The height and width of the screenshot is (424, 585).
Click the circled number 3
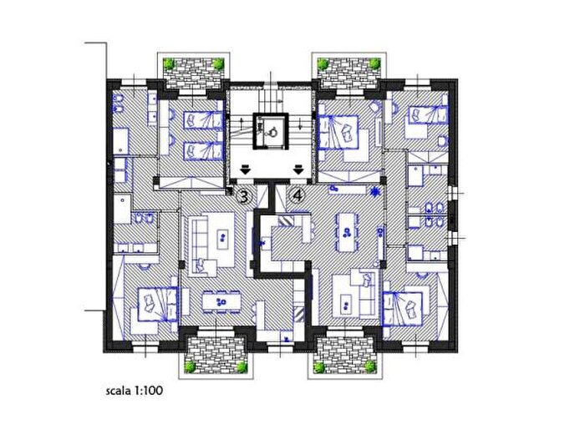(x=244, y=196)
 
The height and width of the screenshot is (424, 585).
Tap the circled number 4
(x=298, y=195)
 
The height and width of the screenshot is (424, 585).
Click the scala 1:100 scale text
(x=135, y=391)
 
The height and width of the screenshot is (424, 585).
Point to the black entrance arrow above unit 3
(x=245, y=169)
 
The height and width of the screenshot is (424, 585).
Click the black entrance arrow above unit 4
(x=298, y=169)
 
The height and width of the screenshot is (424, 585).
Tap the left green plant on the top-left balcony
(x=170, y=64)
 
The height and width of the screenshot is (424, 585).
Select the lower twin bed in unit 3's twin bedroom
(x=202, y=151)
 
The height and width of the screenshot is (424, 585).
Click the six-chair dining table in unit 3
(x=221, y=301)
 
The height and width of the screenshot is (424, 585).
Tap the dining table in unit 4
(x=346, y=232)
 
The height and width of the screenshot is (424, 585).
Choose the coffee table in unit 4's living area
(x=347, y=302)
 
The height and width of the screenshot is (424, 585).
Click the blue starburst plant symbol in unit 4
(x=374, y=192)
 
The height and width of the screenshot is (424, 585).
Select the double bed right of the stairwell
(x=338, y=132)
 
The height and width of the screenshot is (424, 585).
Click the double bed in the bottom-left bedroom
(x=157, y=304)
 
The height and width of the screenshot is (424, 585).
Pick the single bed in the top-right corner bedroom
(x=428, y=114)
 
